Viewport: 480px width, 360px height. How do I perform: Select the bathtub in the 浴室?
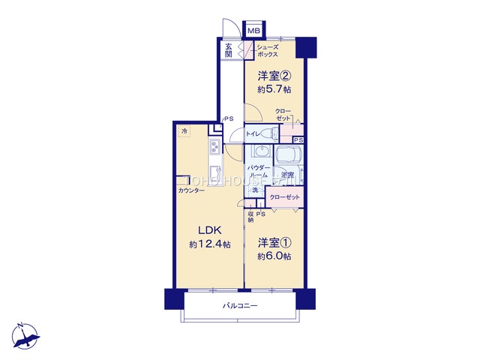289,157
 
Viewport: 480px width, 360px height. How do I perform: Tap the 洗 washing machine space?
254,191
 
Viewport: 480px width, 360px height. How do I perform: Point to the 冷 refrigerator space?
184,132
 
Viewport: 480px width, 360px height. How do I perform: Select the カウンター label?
192,191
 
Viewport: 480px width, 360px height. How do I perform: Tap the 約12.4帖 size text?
211,245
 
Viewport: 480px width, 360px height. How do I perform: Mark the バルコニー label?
240,306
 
